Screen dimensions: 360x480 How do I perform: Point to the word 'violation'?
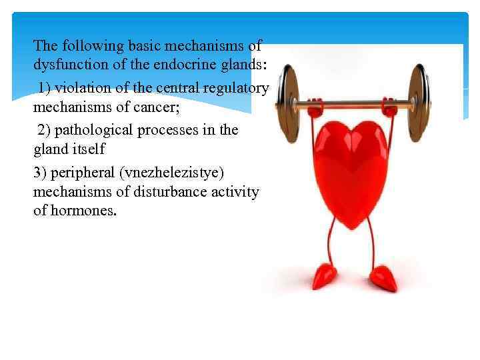point(87,88)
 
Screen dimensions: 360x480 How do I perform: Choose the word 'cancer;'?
point(156,107)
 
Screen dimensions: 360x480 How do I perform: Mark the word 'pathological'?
point(95,129)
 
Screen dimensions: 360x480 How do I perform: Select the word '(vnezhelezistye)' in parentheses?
point(181,172)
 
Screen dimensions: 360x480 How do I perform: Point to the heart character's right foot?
point(384,277)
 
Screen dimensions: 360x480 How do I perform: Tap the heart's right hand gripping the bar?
point(390,105)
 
